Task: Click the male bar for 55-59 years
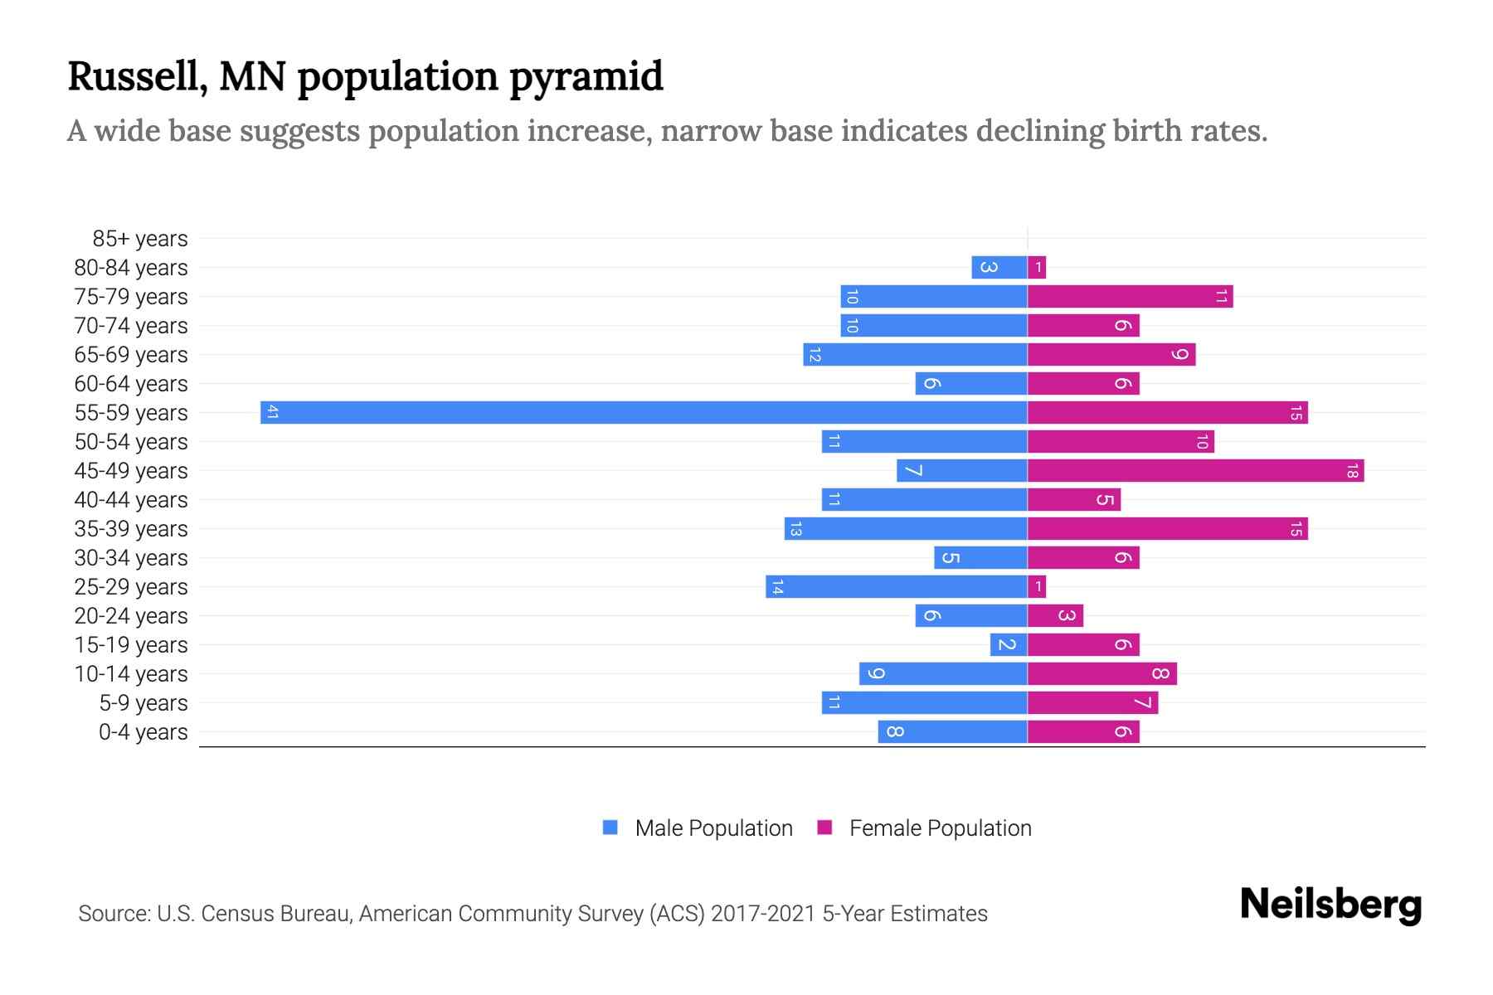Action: (644, 412)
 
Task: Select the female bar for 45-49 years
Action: (1195, 470)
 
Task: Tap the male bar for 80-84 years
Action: (999, 267)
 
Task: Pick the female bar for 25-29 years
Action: (1037, 586)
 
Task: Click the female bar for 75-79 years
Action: (1130, 296)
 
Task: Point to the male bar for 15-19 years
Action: (1009, 644)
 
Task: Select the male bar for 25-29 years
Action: (896, 586)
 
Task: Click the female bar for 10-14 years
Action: (1102, 673)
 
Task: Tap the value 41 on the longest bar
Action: (272, 412)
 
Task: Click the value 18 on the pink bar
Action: (1352, 471)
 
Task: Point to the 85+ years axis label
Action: (139, 239)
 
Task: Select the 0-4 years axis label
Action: (143, 732)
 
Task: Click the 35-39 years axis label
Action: (131, 529)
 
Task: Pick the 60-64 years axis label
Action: (131, 384)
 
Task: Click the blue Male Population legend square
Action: (610, 828)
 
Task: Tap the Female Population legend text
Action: (940, 828)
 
